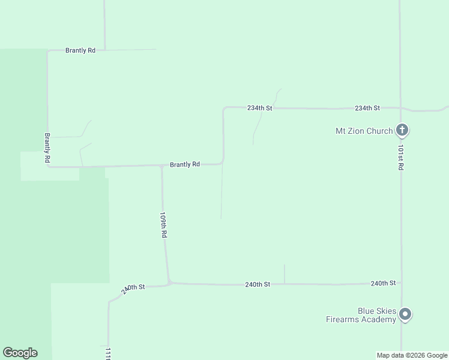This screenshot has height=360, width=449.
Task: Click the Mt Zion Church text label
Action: (364, 131)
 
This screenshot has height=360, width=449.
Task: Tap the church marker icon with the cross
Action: (402, 130)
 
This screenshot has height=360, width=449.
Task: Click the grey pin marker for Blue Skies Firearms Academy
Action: (405, 314)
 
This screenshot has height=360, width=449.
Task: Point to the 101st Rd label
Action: (400, 157)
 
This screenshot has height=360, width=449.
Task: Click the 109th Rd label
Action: (163, 225)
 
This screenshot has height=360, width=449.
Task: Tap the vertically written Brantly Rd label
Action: (47, 148)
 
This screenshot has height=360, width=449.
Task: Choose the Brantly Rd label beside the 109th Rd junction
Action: (184, 164)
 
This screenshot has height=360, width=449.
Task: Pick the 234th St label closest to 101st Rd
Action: (367, 108)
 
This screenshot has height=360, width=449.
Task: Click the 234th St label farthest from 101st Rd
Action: (260, 108)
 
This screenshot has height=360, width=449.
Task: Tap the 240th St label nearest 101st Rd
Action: (383, 283)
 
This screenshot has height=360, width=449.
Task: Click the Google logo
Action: (20, 353)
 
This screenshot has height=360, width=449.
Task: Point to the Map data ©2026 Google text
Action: (412, 355)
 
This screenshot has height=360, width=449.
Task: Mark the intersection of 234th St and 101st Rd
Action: (400, 108)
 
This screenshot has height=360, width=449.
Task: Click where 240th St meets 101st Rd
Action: (400, 283)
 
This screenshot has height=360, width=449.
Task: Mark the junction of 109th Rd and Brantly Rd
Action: (161, 166)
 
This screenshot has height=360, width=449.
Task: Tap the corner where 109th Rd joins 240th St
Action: (169, 282)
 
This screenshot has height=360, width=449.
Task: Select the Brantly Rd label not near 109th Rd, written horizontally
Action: (80, 50)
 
